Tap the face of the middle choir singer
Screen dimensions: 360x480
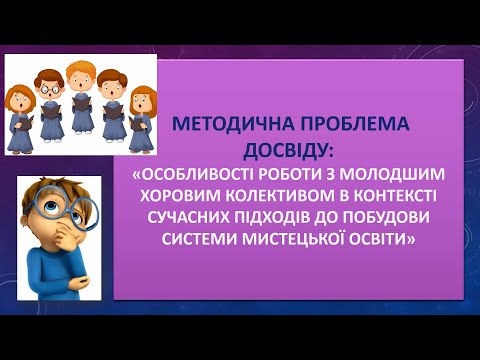[80, 77]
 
